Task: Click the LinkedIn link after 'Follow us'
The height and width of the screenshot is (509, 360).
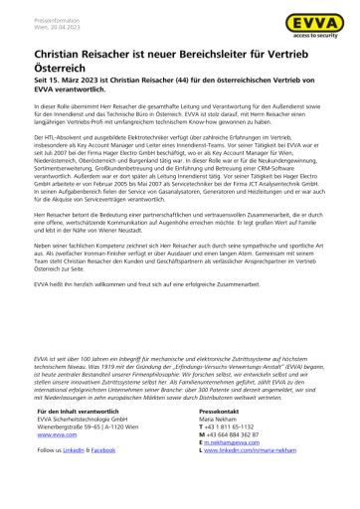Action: coord(78,480)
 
